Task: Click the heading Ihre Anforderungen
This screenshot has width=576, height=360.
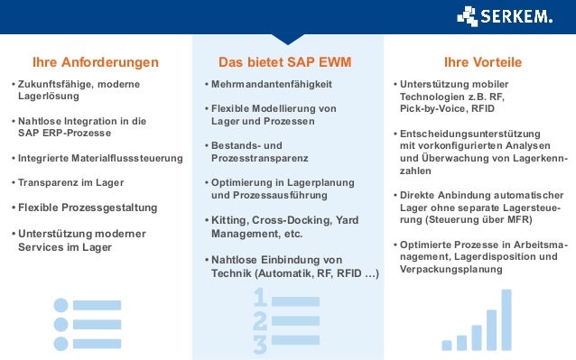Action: (x=95, y=62)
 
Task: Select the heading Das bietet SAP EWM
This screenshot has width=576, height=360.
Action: (x=285, y=62)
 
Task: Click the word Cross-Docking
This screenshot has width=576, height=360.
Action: (x=294, y=219)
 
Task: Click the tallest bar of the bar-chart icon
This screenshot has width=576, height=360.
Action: (x=506, y=319)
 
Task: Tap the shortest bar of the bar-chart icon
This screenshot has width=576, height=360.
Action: (x=446, y=345)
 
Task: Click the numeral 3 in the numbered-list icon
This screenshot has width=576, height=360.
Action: (x=260, y=344)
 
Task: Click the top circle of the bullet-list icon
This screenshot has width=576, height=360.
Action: (x=61, y=305)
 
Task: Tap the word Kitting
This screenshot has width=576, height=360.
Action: (x=229, y=219)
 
